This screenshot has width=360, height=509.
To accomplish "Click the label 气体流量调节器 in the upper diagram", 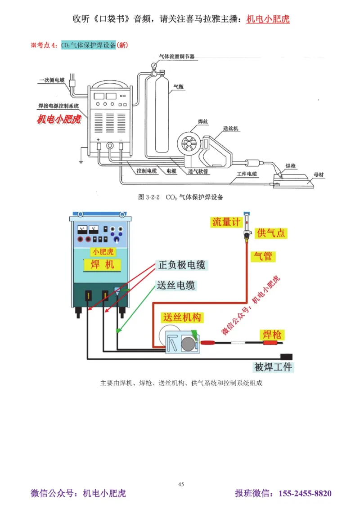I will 177,57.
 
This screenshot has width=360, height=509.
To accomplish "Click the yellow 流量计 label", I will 227,222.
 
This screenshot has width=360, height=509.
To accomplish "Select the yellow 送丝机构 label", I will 182,317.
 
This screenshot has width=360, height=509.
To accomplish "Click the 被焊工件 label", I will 273,367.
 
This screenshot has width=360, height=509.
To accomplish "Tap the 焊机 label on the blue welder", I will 102,264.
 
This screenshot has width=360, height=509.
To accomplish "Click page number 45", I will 181,484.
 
